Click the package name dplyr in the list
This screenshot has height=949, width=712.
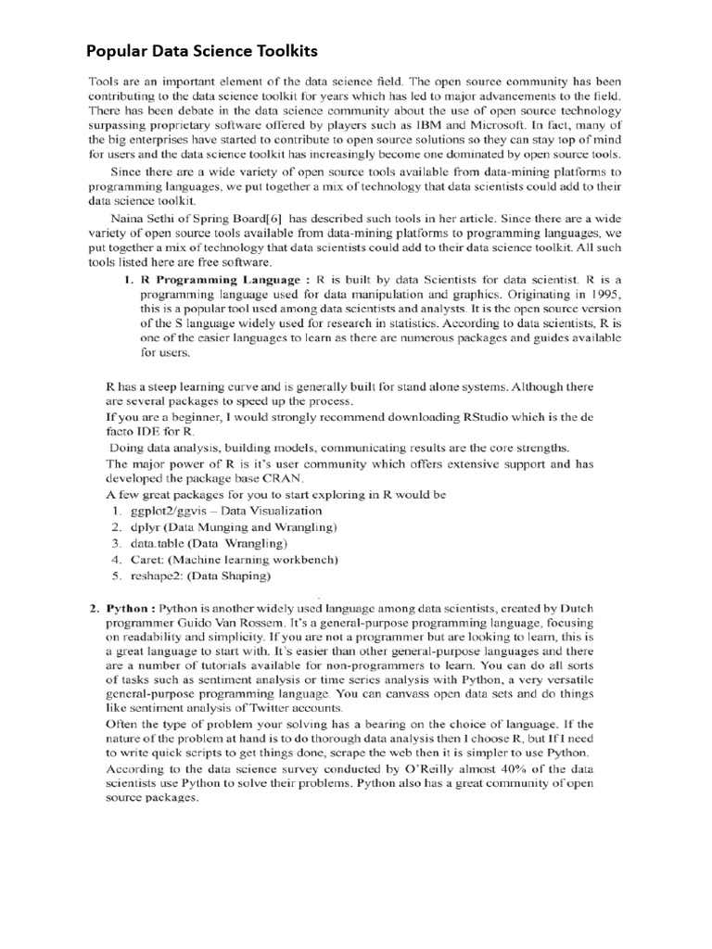(146, 526)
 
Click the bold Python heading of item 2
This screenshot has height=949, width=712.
(127, 609)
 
